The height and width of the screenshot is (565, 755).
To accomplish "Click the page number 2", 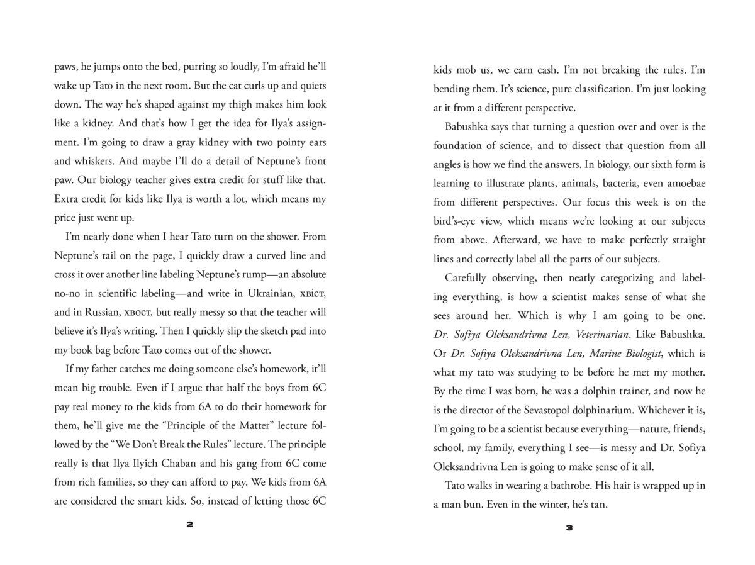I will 190,527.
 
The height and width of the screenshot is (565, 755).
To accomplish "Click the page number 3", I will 569,527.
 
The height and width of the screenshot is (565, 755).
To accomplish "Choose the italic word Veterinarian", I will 605,334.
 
